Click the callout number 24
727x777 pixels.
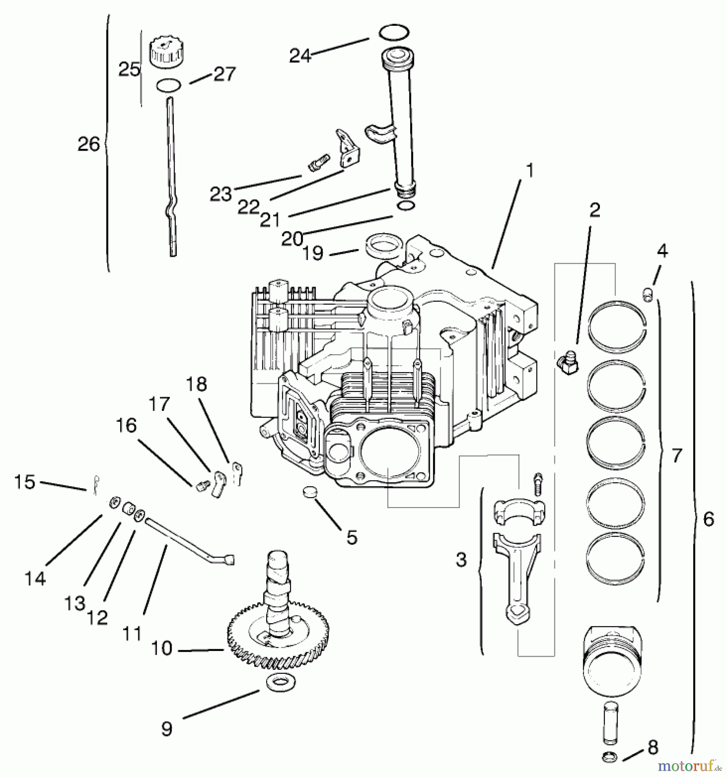coord(300,56)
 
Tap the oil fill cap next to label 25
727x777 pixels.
coord(165,52)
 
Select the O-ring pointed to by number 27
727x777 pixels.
coord(169,85)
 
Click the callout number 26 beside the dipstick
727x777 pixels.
coord(89,144)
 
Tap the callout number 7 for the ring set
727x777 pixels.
coord(677,455)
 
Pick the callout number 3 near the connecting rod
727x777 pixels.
coord(462,559)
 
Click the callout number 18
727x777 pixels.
coord(197,384)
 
